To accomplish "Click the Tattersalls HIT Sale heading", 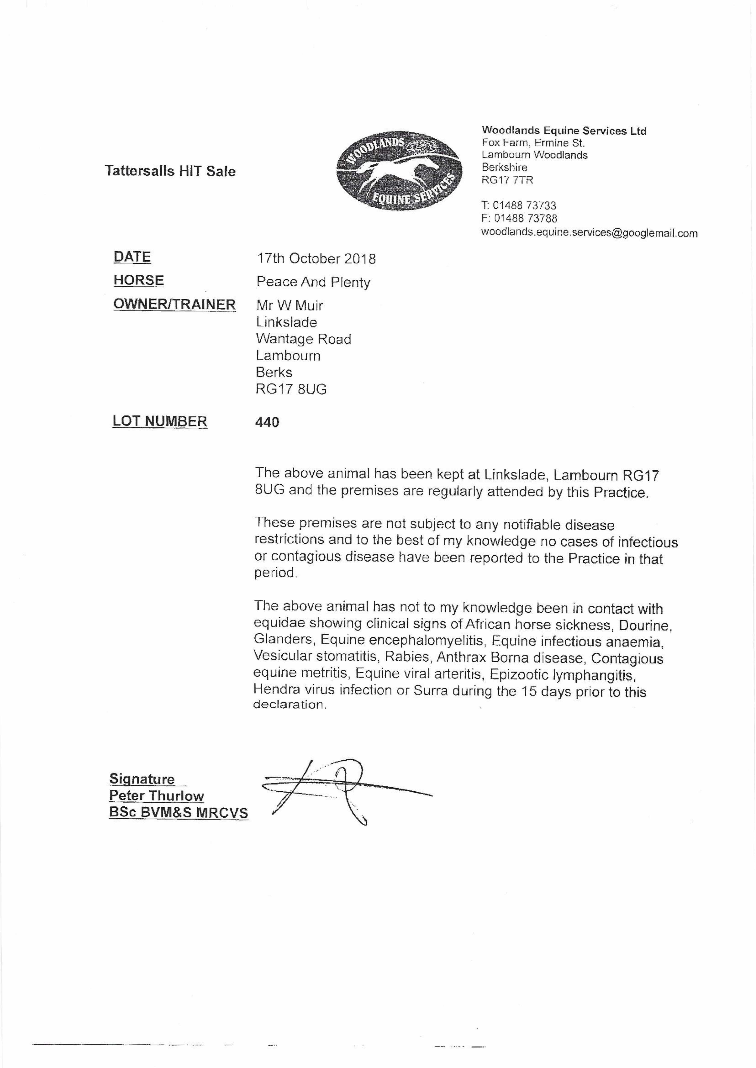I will point(170,171).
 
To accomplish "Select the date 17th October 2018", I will point(316,259).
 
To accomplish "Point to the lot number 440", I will point(267,422).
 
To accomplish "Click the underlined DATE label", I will point(132,257).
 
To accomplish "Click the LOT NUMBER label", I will point(160,421).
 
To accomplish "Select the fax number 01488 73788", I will point(525,218).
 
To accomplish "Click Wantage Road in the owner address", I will point(304,339).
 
